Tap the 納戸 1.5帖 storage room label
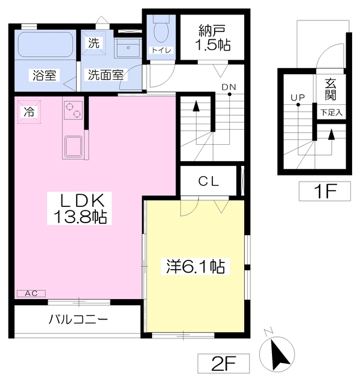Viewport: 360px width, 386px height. (x=213, y=37)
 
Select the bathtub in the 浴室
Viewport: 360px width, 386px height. (x=45, y=44)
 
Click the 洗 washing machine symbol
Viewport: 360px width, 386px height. (x=93, y=43)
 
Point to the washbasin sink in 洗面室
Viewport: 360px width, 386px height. (x=128, y=48)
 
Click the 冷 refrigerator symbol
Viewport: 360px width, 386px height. (x=29, y=112)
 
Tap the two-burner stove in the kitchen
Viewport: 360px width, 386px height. (x=74, y=110)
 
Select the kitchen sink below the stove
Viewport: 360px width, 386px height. (x=74, y=147)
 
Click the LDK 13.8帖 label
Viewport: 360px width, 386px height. (x=80, y=208)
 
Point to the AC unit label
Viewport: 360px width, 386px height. (x=31, y=294)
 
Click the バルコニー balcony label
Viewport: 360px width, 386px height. (x=78, y=320)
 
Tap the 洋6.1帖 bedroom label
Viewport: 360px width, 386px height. (x=195, y=267)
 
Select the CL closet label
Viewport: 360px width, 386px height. (x=209, y=182)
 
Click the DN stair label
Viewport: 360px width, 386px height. (x=229, y=87)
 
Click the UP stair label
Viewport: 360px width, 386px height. (x=298, y=98)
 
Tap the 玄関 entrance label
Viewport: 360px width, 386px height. (x=330, y=89)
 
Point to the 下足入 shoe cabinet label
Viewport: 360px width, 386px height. (x=331, y=113)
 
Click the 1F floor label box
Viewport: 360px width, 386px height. (x=325, y=191)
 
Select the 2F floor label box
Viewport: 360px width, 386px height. (x=224, y=363)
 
